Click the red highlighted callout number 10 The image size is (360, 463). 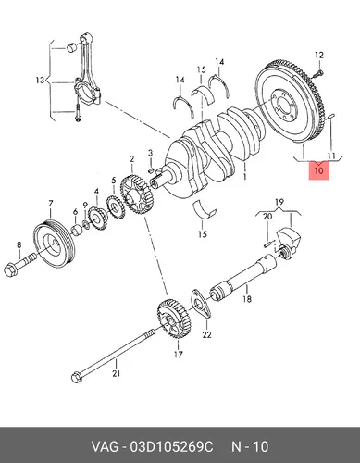[319, 170]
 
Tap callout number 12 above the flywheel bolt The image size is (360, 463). [319, 56]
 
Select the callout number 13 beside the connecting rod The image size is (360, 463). [40, 81]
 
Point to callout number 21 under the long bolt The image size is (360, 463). [116, 373]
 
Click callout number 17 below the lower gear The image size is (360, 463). [179, 355]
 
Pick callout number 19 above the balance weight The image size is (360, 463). [279, 203]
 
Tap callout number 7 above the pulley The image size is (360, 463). [51, 204]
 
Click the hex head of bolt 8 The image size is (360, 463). [11, 269]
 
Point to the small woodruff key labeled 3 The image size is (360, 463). [151, 169]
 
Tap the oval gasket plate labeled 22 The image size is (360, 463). [201, 304]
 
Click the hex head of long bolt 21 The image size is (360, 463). [76, 378]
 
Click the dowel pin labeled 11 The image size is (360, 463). [330, 116]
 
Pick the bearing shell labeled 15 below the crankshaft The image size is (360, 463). [205, 210]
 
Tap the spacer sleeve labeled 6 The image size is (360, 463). [77, 231]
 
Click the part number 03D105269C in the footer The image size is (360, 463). [171, 447]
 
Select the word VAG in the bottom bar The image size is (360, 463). [105, 447]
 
